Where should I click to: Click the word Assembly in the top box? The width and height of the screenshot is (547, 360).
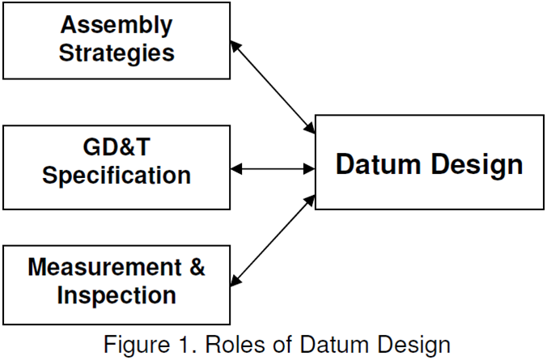coord(117,25)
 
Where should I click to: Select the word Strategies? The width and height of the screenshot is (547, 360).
coord(117,53)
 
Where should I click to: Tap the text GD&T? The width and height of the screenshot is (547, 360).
coord(117,146)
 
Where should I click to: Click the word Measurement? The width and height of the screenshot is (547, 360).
coord(103,267)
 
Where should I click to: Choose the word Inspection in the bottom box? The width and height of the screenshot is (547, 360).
coord(117,295)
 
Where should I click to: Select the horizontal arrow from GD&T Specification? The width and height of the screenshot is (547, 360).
coord(273,168)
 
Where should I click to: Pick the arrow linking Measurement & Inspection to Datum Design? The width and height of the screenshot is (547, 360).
coord(273,239)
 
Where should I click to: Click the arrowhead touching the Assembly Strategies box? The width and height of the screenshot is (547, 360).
coord(236,46)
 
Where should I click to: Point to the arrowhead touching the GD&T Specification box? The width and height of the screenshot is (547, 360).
coord(237,168)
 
